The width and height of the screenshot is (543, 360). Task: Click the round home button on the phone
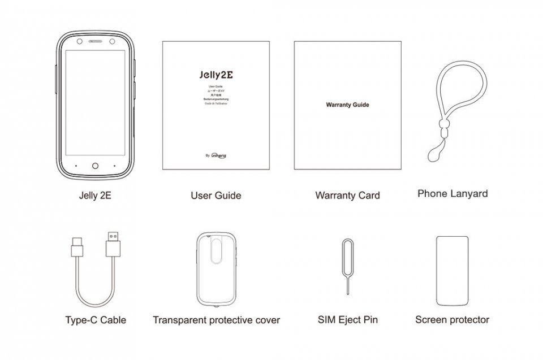(x=95, y=166)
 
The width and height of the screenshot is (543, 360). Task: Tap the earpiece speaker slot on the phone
(x=95, y=43)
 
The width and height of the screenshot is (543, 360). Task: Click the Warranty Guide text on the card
(x=347, y=105)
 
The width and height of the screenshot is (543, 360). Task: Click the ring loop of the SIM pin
(x=347, y=246)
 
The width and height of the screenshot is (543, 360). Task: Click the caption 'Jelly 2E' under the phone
(x=94, y=196)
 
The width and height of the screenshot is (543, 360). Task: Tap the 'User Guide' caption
(x=216, y=196)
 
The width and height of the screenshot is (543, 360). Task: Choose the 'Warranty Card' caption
(x=347, y=196)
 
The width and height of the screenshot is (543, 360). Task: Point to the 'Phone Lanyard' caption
(x=453, y=193)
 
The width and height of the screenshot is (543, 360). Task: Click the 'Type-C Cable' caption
(x=96, y=320)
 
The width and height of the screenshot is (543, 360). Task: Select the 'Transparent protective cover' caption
(x=216, y=320)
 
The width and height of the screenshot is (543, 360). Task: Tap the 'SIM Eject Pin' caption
(x=347, y=320)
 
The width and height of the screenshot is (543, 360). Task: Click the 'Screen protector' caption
(x=452, y=320)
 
